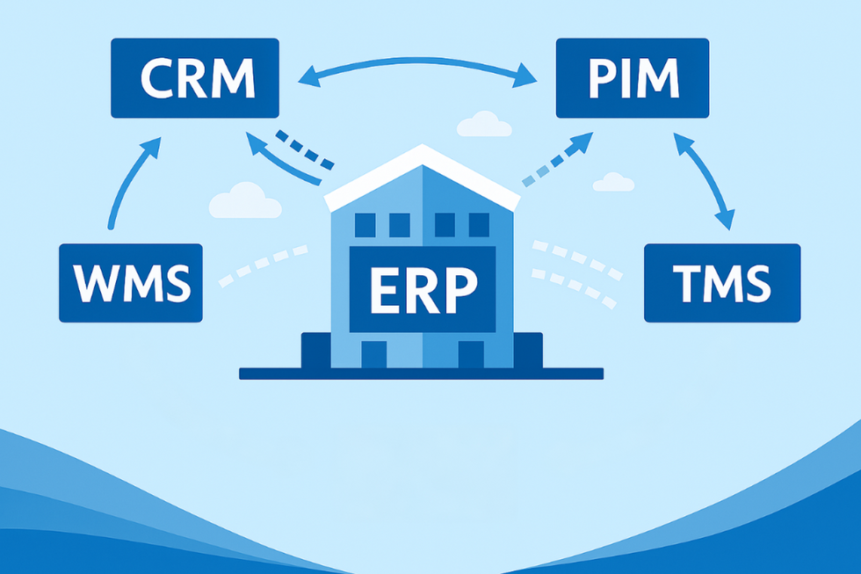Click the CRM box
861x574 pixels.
(x=195, y=78)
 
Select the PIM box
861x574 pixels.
(x=633, y=78)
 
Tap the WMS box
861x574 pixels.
(x=131, y=283)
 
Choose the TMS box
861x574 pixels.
(x=722, y=283)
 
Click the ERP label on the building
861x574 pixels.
(x=423, y=289)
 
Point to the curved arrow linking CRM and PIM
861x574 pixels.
(x=417, y=60)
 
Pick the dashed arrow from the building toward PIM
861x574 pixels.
(x=557, y=159)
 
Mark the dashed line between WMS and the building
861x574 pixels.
(x=263, y=264)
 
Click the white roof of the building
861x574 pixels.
(x=423, y=176)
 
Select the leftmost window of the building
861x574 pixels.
(x=365, y=225)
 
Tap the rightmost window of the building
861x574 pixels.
(x=479, y=225)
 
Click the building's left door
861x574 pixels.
(x=374, y=354)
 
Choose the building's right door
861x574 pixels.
(x=471, y=354)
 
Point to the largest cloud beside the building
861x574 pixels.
(x=245, y=201)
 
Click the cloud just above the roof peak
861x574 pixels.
(x=484, y=125)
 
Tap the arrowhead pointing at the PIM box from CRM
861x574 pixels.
(x=525, y=76)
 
